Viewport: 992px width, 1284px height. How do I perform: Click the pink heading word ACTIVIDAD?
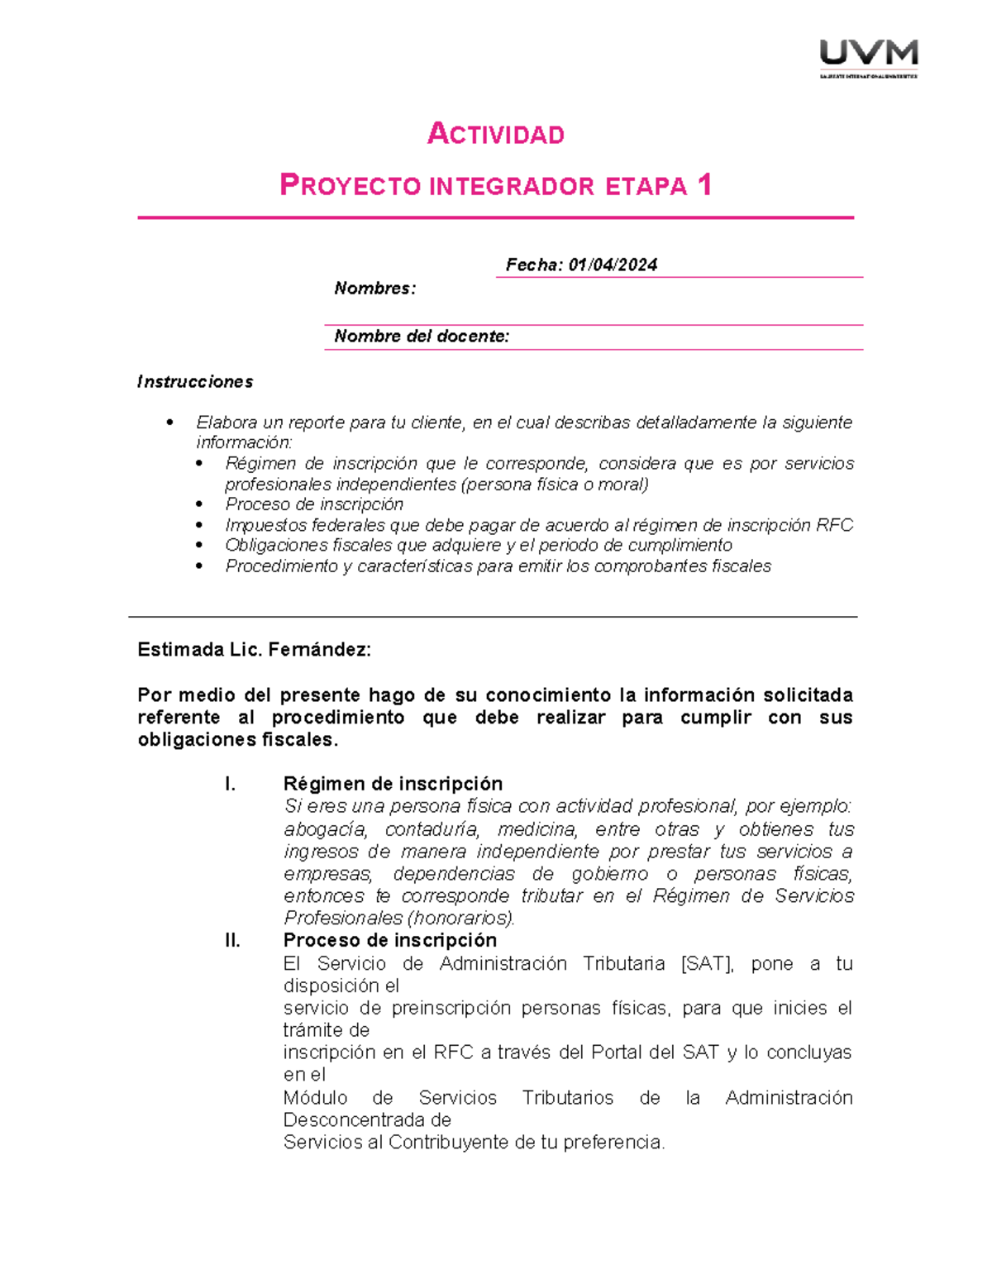(495, 134)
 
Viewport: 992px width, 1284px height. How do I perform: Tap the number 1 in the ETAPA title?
(704, 184)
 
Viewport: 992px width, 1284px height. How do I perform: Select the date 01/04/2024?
(613, 265)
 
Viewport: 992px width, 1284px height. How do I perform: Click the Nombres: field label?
(374, 289)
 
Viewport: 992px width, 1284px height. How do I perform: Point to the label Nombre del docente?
(422, 337)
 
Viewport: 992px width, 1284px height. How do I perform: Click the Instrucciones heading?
(195, 382)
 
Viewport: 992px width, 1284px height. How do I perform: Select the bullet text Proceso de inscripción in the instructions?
(314, 504)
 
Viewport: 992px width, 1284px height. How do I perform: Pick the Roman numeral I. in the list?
(231, 784)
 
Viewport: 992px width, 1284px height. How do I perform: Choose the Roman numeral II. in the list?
(232, 941)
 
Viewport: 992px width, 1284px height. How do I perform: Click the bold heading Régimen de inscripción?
(393, 784)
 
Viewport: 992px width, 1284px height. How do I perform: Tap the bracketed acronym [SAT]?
(707, 964)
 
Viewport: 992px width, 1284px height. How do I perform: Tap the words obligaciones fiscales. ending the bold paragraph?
(238, 740)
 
